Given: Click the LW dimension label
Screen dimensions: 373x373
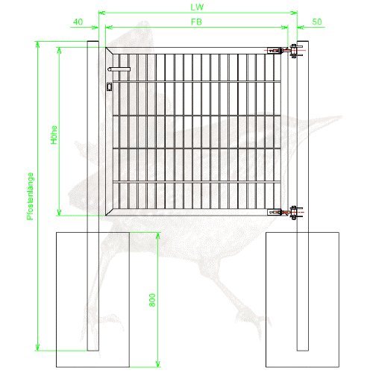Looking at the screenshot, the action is pyautogui.click(x=197, y=7).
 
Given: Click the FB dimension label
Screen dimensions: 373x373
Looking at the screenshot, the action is pyautogui.click(x=196, y=22).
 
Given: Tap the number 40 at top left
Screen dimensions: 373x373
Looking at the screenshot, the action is pyautogui.click(x=78, y=22).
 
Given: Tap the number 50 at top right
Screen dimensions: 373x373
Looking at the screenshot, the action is pyautogui.click(x=317, y=22).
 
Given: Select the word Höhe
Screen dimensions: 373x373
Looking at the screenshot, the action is pyautogui.click(x=54, y=135).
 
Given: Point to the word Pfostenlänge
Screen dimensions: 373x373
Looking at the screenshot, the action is pyautogui.click(x=30, y=196).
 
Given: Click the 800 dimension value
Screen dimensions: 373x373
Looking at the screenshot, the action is pyautogui.click(x=152, y=300).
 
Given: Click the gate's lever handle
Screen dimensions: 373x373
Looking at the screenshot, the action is pyautogui.click(x=119, y=69).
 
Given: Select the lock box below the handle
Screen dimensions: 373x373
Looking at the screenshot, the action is pyautogui.click(x=109, y=87).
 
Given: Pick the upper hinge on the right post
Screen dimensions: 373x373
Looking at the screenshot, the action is pyautogui.click(x=294, y=51).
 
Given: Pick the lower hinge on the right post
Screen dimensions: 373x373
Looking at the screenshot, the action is pyautogui.click(x=294, y=213).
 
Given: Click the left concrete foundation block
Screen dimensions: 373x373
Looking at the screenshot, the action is pyautogui.click(x=93, y=300).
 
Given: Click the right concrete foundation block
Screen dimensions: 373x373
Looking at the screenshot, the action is pyautogui.click(x=303, y=300).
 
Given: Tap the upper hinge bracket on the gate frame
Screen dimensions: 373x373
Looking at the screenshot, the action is pyautogui.click(x=275, y=51).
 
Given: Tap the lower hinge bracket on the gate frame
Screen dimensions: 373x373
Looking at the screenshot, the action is pyautogui.click(x=275, y=213).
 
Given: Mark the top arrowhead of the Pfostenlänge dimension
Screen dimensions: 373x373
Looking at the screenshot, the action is pyautogui.click(x=37, y=45).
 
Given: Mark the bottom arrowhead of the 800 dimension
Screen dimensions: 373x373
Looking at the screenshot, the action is pyautogui.click(x=157, y=363).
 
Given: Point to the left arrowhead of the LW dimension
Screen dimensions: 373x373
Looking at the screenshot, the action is pyautogui.click(x=102, y=13).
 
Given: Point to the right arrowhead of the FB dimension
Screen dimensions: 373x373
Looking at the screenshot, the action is pyautogui.click(x=285, y=28).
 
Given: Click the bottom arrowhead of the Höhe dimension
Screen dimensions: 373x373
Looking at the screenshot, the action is pyautogui.click(x=59, y=212).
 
